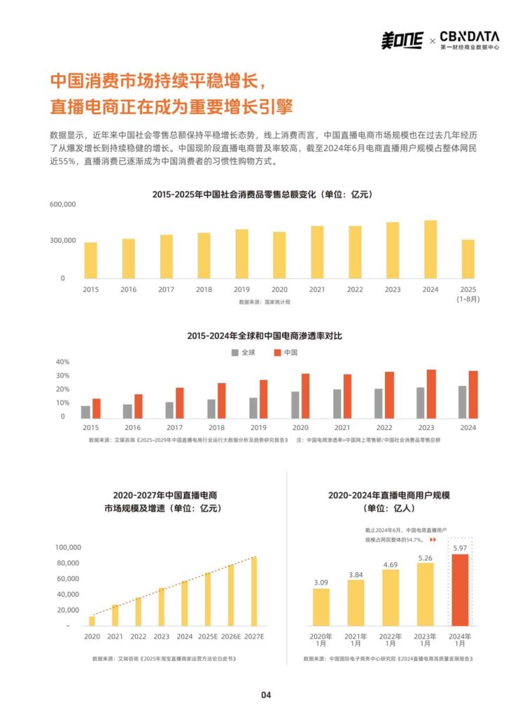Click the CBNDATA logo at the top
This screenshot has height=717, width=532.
tap(469, 40)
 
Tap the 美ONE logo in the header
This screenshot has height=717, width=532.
tap(402, 41)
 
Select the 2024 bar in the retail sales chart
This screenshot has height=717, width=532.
tap(430, 250)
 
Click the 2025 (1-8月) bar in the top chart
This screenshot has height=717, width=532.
tap(468, 259)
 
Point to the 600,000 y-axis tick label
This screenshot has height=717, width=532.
tap(62, 204)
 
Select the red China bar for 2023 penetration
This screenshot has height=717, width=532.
tap(431, 394)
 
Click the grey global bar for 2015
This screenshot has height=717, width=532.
tap(85, 412)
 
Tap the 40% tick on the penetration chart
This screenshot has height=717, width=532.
tap(62, 362)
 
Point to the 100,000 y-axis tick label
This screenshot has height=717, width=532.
tap(69, 548)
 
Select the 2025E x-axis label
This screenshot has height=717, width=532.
tap(208, 636)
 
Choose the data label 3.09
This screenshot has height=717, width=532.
tap(321, 582)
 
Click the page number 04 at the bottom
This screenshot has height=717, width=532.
tap(266, 695)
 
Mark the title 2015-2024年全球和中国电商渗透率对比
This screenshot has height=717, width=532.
tap(265, 336)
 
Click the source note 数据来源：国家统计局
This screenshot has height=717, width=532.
tap(264, 302)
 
